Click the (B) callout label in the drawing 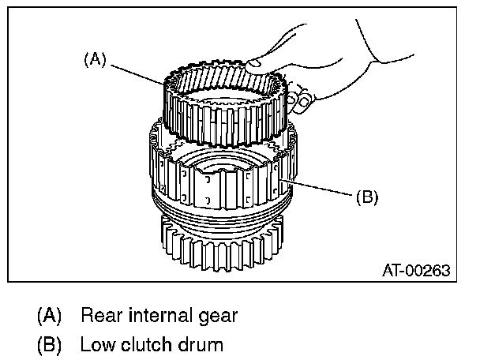point(366,197)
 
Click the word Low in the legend point(96,344)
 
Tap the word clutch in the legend point(141,344)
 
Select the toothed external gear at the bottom point(221,249)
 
